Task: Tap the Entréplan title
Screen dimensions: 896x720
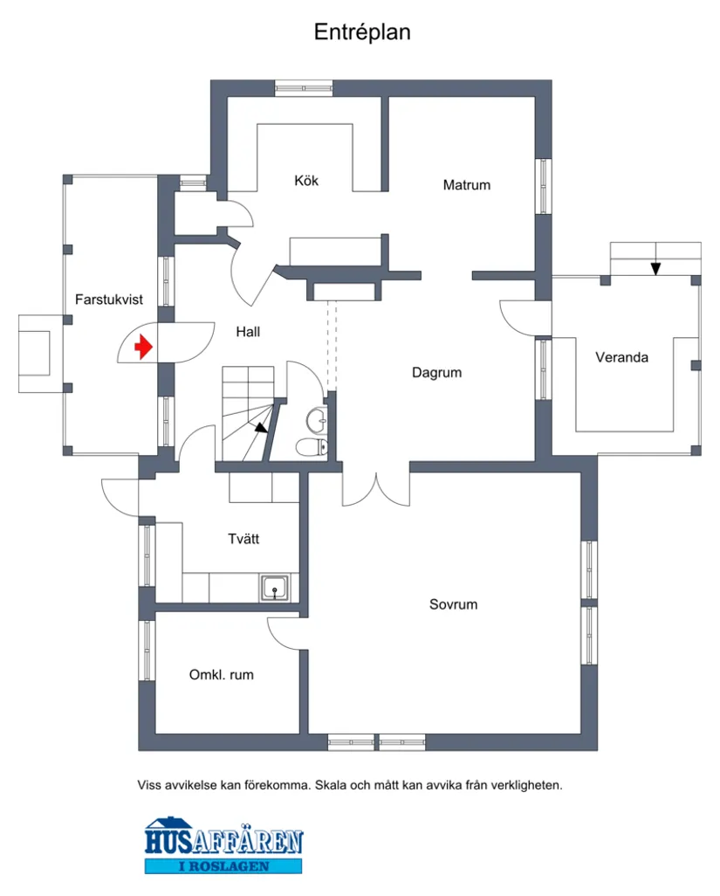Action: click(362, 32)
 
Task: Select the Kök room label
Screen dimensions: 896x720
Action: click(306, 181)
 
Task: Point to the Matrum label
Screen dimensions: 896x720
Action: click(466, 185)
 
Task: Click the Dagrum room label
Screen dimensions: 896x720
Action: click(436, 373)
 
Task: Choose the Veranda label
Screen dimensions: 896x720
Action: click(621, 357)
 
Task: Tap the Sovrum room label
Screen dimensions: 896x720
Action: click(453, 604)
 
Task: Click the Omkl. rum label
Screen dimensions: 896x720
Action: click(222, 675)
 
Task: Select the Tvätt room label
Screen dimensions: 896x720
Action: click(243, 539)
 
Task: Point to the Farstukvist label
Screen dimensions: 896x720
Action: click(109, 299)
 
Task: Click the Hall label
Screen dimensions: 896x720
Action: click(248, 332)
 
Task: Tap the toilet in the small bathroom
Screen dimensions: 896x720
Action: click(311, 448)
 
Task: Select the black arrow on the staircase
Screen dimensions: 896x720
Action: click(260, 427)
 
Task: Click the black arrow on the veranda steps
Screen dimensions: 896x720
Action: click(655, 268)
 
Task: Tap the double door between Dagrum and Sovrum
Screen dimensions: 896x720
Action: click(375, 489)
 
